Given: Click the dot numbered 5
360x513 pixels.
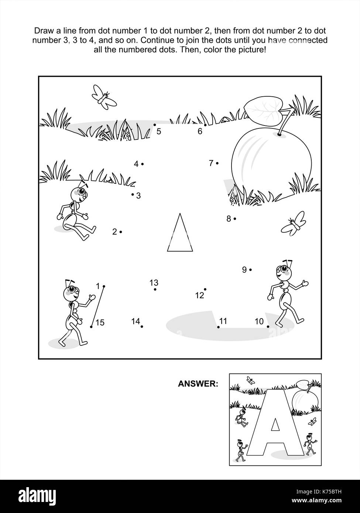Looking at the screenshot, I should point(155,125).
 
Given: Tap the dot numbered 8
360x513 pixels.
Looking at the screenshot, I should point(235,219).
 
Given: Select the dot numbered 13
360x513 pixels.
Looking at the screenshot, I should point(155,289).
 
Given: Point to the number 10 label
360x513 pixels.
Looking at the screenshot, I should point(259,321).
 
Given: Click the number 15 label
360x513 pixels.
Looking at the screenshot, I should point(100,323).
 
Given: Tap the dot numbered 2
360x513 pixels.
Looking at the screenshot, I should point(121,232).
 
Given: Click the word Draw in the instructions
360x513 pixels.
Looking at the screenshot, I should point(41,30).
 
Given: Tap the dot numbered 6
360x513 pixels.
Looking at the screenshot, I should point(205,125).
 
